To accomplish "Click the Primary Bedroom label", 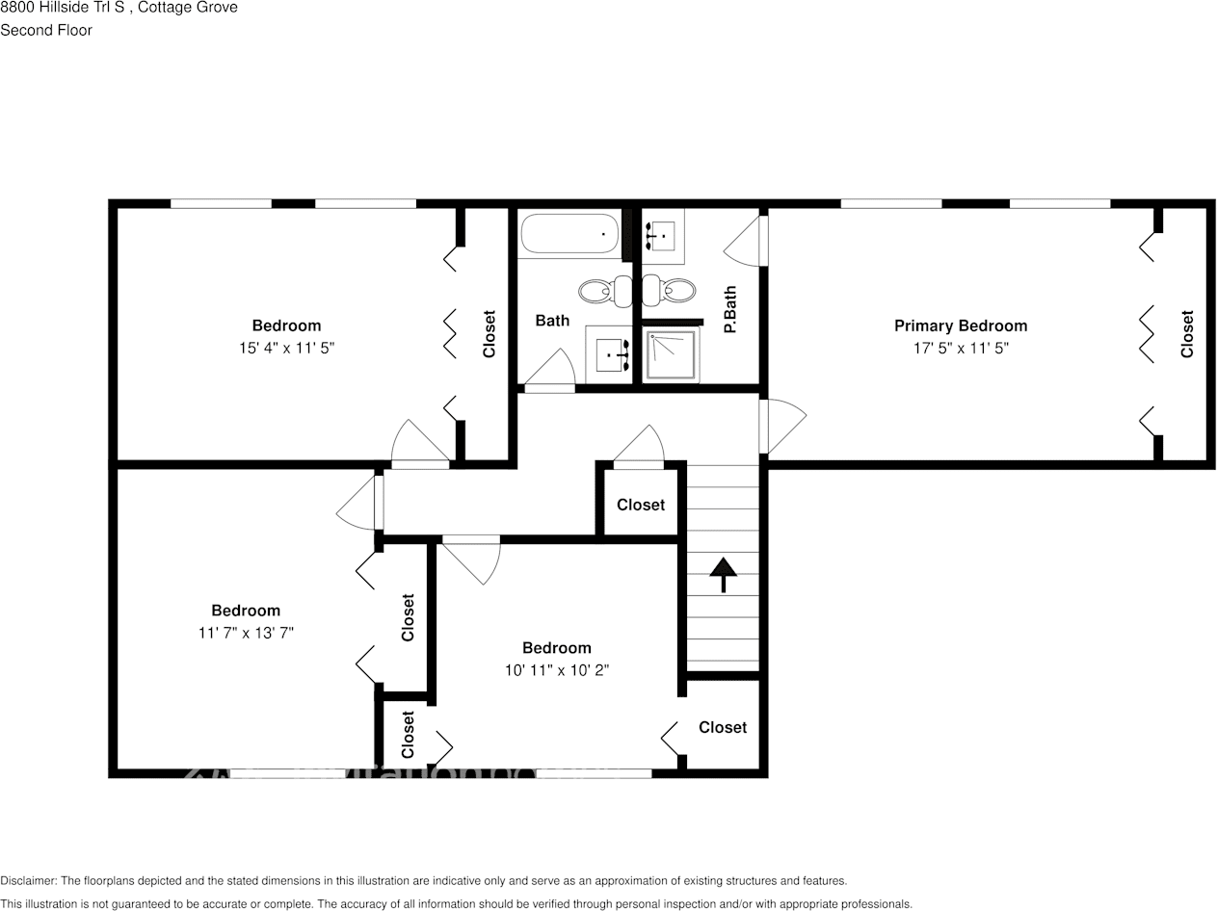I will (960, 325).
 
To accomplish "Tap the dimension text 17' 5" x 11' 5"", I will (960, 349).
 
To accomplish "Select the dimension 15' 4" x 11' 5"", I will (286, 349).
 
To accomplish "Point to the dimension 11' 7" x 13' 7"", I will (246, 633).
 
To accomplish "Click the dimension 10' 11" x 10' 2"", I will (556, 669).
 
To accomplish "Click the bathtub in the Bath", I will (569, 234).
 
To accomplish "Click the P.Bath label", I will (730, 309).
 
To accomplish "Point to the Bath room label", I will (552, 321).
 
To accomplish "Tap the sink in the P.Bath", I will (662, 234).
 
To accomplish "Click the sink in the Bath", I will (610, 354).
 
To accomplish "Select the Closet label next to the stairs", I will (641, 505).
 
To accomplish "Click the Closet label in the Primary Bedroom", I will (1187, 333).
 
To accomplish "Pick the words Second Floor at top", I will (46, 30).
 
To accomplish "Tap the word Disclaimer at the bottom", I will (29, 880).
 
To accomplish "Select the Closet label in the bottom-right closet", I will (723, 727).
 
